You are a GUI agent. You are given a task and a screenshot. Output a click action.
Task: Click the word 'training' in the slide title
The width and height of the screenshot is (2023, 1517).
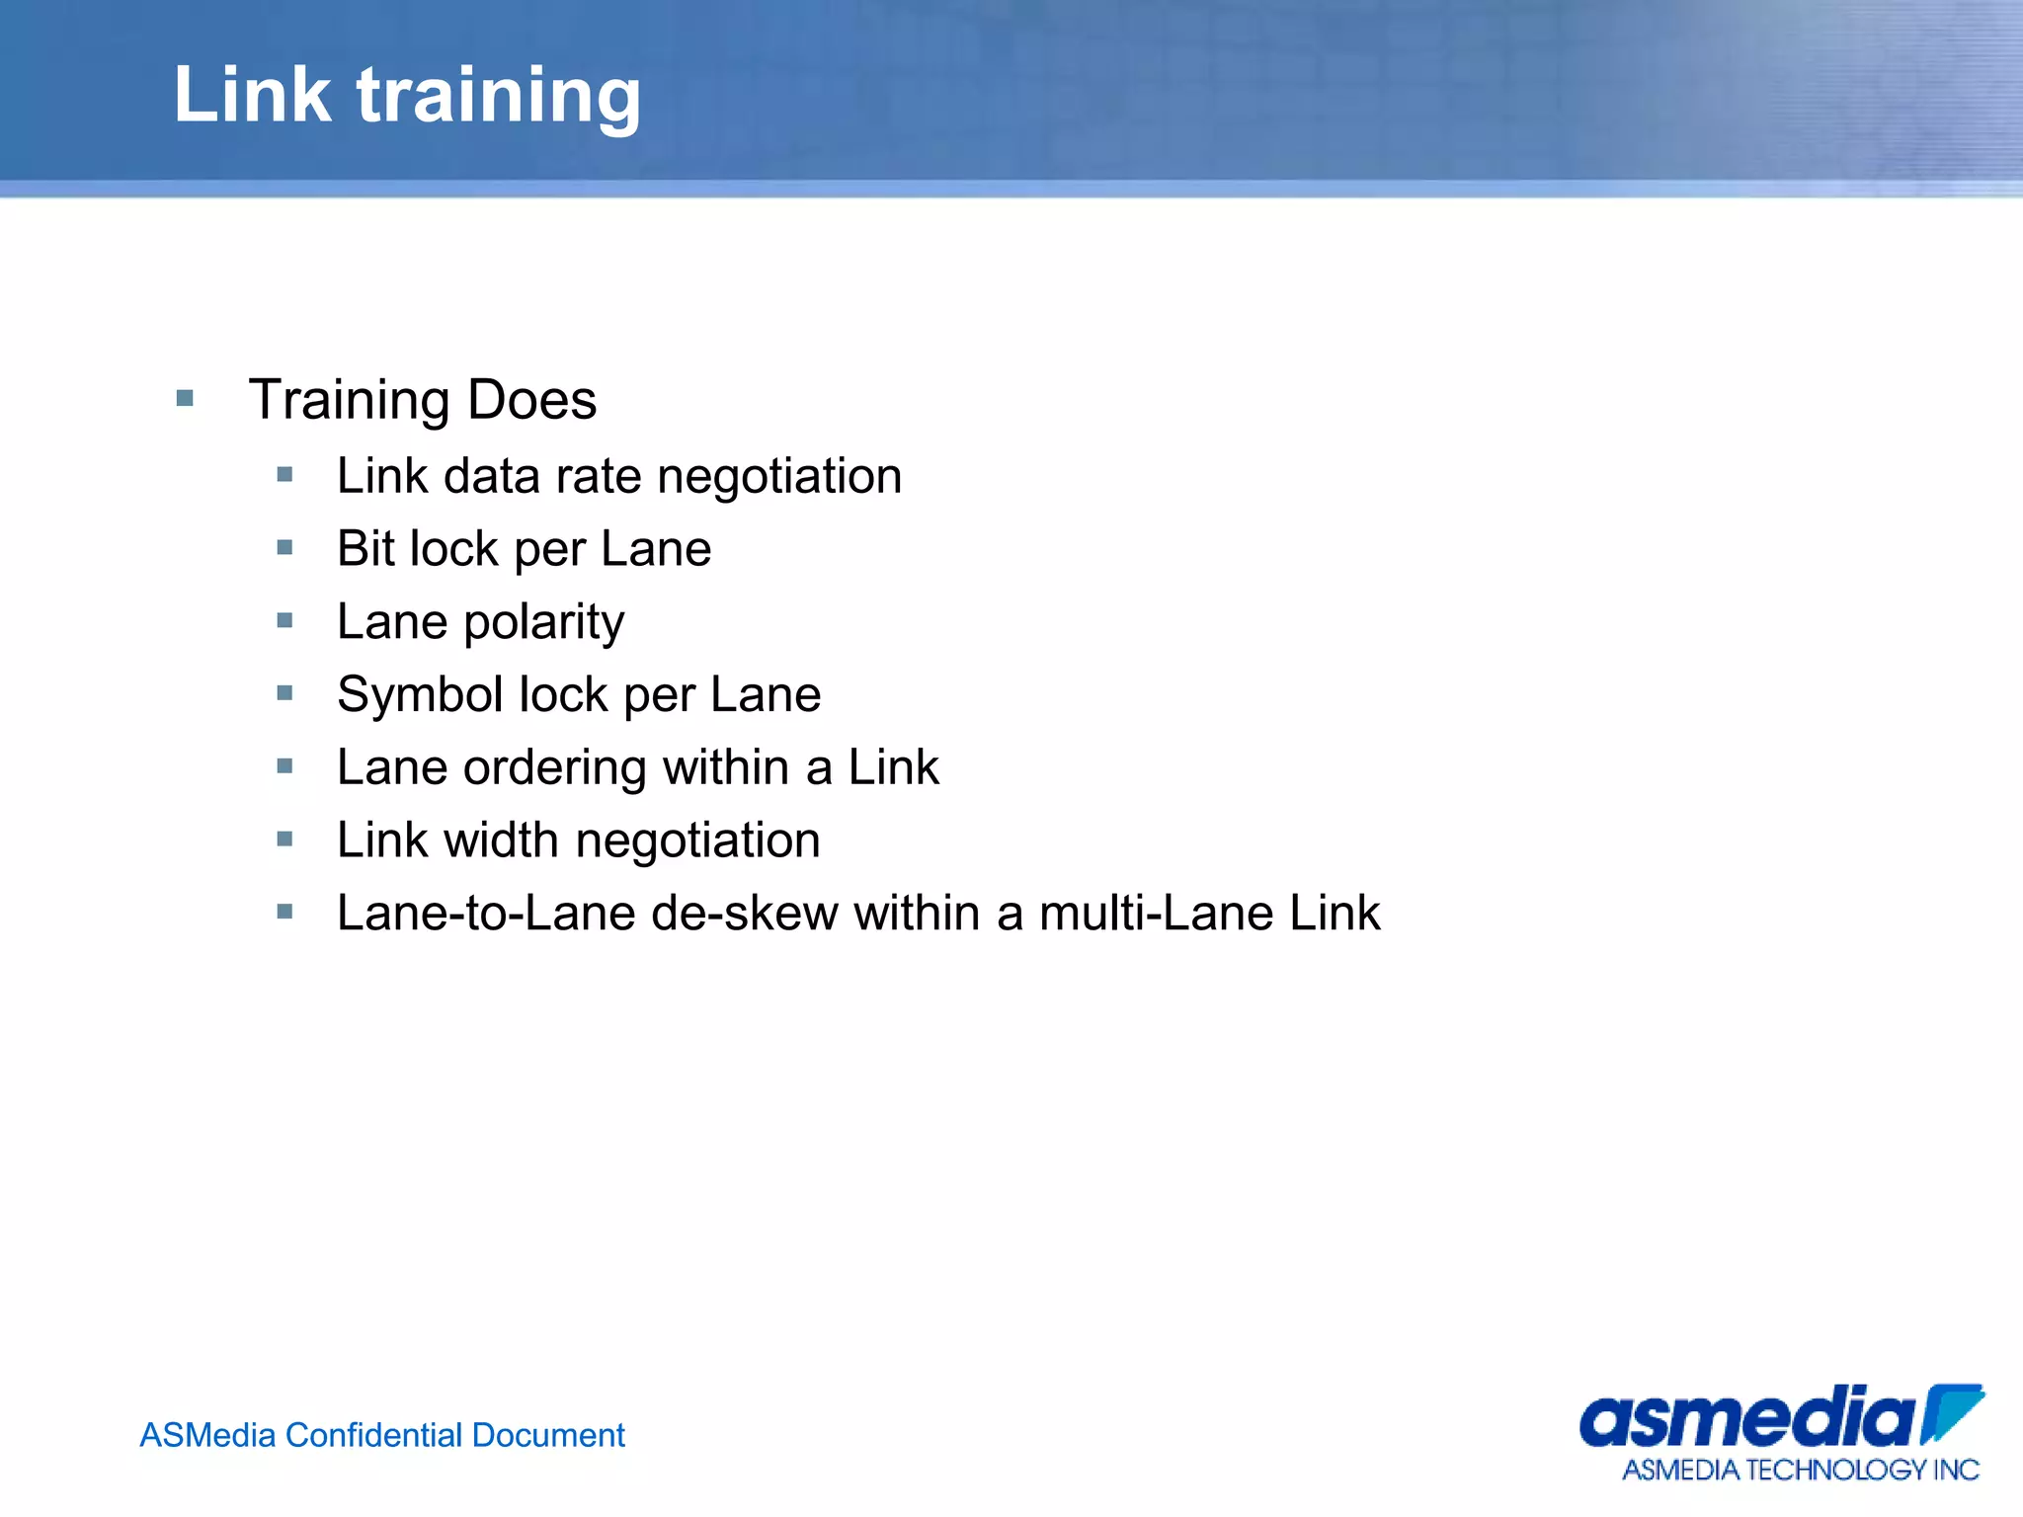coord(499,97)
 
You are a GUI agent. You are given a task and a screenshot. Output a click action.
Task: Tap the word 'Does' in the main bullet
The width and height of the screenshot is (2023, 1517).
coord(531,400)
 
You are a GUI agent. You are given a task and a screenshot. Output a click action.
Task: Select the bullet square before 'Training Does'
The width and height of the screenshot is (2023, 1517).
coord(185,399)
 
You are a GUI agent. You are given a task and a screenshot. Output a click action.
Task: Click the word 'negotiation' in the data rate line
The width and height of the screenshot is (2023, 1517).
coord(779,477)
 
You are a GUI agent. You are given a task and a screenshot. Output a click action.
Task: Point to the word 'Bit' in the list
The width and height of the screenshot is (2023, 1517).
coord(367,549)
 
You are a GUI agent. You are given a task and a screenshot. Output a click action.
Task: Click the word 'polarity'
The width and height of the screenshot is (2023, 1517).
coord(544,623)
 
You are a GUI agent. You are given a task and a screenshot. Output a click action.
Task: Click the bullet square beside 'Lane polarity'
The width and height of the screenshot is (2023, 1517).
coord(285,621)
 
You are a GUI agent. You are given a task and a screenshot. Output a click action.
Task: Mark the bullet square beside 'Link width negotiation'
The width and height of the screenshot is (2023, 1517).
coord(285,839)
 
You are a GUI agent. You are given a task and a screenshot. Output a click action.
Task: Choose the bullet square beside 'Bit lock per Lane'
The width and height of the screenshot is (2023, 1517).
coord(285,548)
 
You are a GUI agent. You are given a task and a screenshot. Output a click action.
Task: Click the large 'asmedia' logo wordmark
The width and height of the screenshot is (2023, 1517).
coord(1748,1419)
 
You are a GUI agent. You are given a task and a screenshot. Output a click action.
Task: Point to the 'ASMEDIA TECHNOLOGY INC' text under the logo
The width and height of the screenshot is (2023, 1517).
coord(1800,1471)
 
